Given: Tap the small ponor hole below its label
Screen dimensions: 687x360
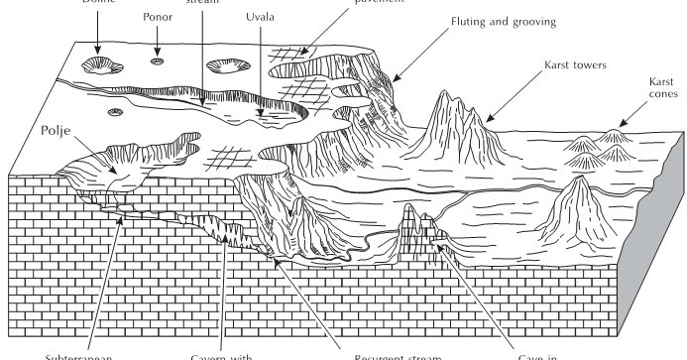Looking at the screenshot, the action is [157, 64].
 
